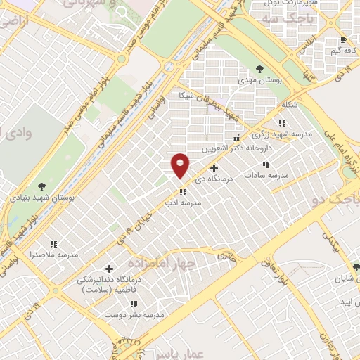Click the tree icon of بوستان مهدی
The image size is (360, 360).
coord(259,69)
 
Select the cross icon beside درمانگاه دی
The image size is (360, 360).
coord(214,168)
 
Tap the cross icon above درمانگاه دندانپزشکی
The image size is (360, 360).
coord(108,268)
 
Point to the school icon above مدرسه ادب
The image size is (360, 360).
coord(183,191)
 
